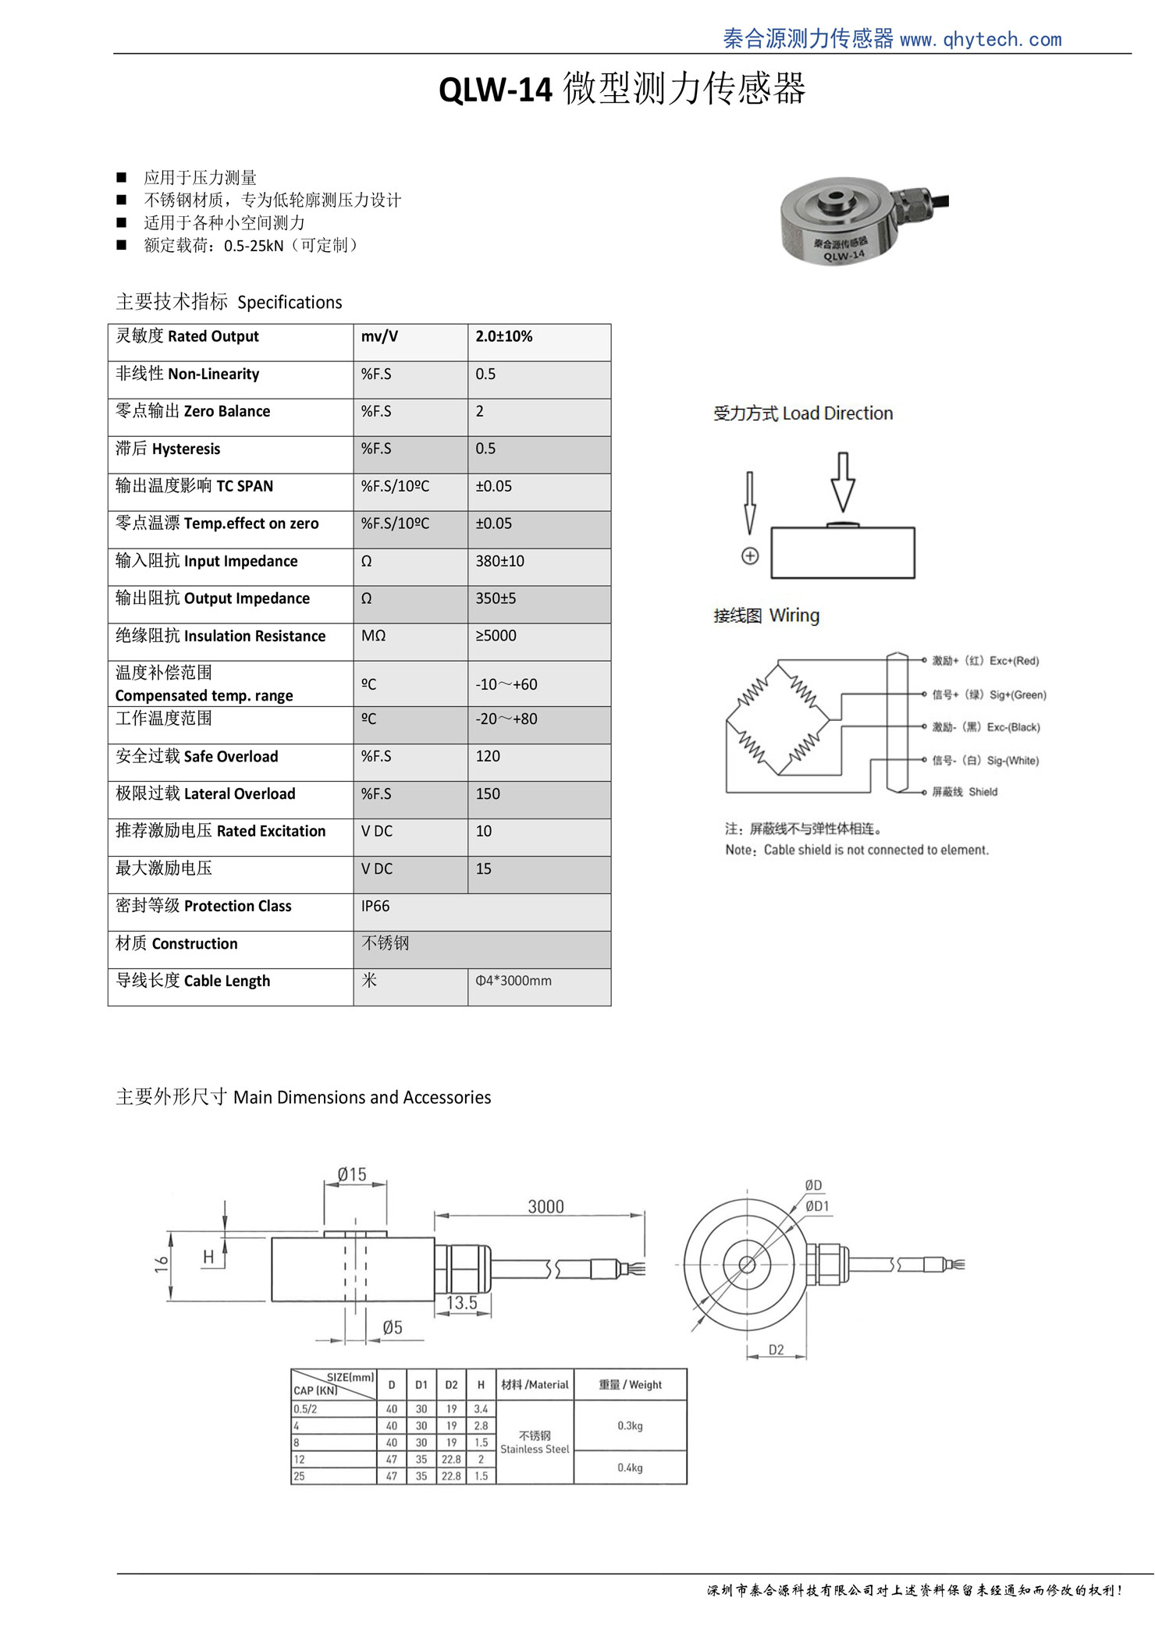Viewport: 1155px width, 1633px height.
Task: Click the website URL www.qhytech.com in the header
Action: click(x=980, y=40)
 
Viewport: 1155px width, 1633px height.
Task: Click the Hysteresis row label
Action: click(x=168, y=449)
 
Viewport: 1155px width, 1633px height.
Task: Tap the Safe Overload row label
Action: click(x=197, y=757)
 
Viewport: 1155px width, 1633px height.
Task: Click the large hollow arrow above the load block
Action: click(x=842, y=481)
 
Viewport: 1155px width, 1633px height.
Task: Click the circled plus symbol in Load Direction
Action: click(x=750, y=556)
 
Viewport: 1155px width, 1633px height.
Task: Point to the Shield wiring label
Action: click(x=983, y=792)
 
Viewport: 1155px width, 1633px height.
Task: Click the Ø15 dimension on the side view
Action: click(x=352, y=1174)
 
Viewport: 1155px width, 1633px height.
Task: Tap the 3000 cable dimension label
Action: click(x=546, y=1207)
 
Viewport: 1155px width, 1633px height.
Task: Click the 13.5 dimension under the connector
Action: click(x=462, y=1302)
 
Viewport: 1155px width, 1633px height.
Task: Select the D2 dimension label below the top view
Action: click(x=776, y=1350)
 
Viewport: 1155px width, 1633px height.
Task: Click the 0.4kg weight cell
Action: click(x=630, y=1468)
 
